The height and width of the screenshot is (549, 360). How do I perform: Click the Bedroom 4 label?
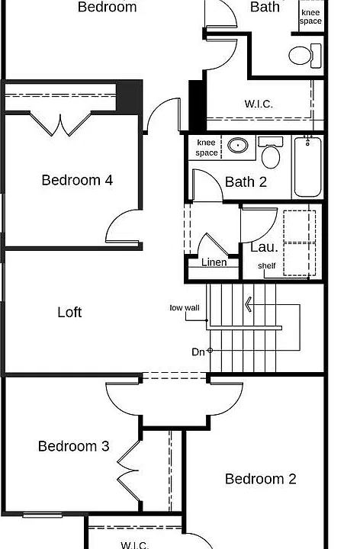(77, 180)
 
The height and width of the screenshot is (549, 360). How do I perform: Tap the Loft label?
(69, 313)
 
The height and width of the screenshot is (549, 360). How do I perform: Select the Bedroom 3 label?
(73, 446)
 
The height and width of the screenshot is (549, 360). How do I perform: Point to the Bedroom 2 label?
(261, 479)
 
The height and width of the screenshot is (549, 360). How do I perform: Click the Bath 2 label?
(246, 182)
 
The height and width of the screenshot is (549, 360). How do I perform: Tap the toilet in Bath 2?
(270, 152)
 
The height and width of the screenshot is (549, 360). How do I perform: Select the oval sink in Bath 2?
(238, 145)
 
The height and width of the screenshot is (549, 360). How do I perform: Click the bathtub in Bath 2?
(307, 167)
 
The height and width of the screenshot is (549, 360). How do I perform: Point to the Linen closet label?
(214, 262)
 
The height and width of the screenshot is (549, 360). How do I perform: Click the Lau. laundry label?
(264, 247)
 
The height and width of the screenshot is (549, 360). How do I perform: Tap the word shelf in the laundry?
(267, 266)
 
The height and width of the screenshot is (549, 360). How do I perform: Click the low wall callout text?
(185, 308)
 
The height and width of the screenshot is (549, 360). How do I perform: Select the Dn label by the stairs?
(198, 352)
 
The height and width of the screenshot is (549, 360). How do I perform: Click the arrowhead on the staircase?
(249, 304)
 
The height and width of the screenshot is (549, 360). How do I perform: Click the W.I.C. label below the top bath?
(259, 104)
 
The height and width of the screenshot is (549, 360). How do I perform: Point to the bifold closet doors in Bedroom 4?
(60, 124)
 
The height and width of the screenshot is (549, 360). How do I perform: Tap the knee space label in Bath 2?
(207, 147)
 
